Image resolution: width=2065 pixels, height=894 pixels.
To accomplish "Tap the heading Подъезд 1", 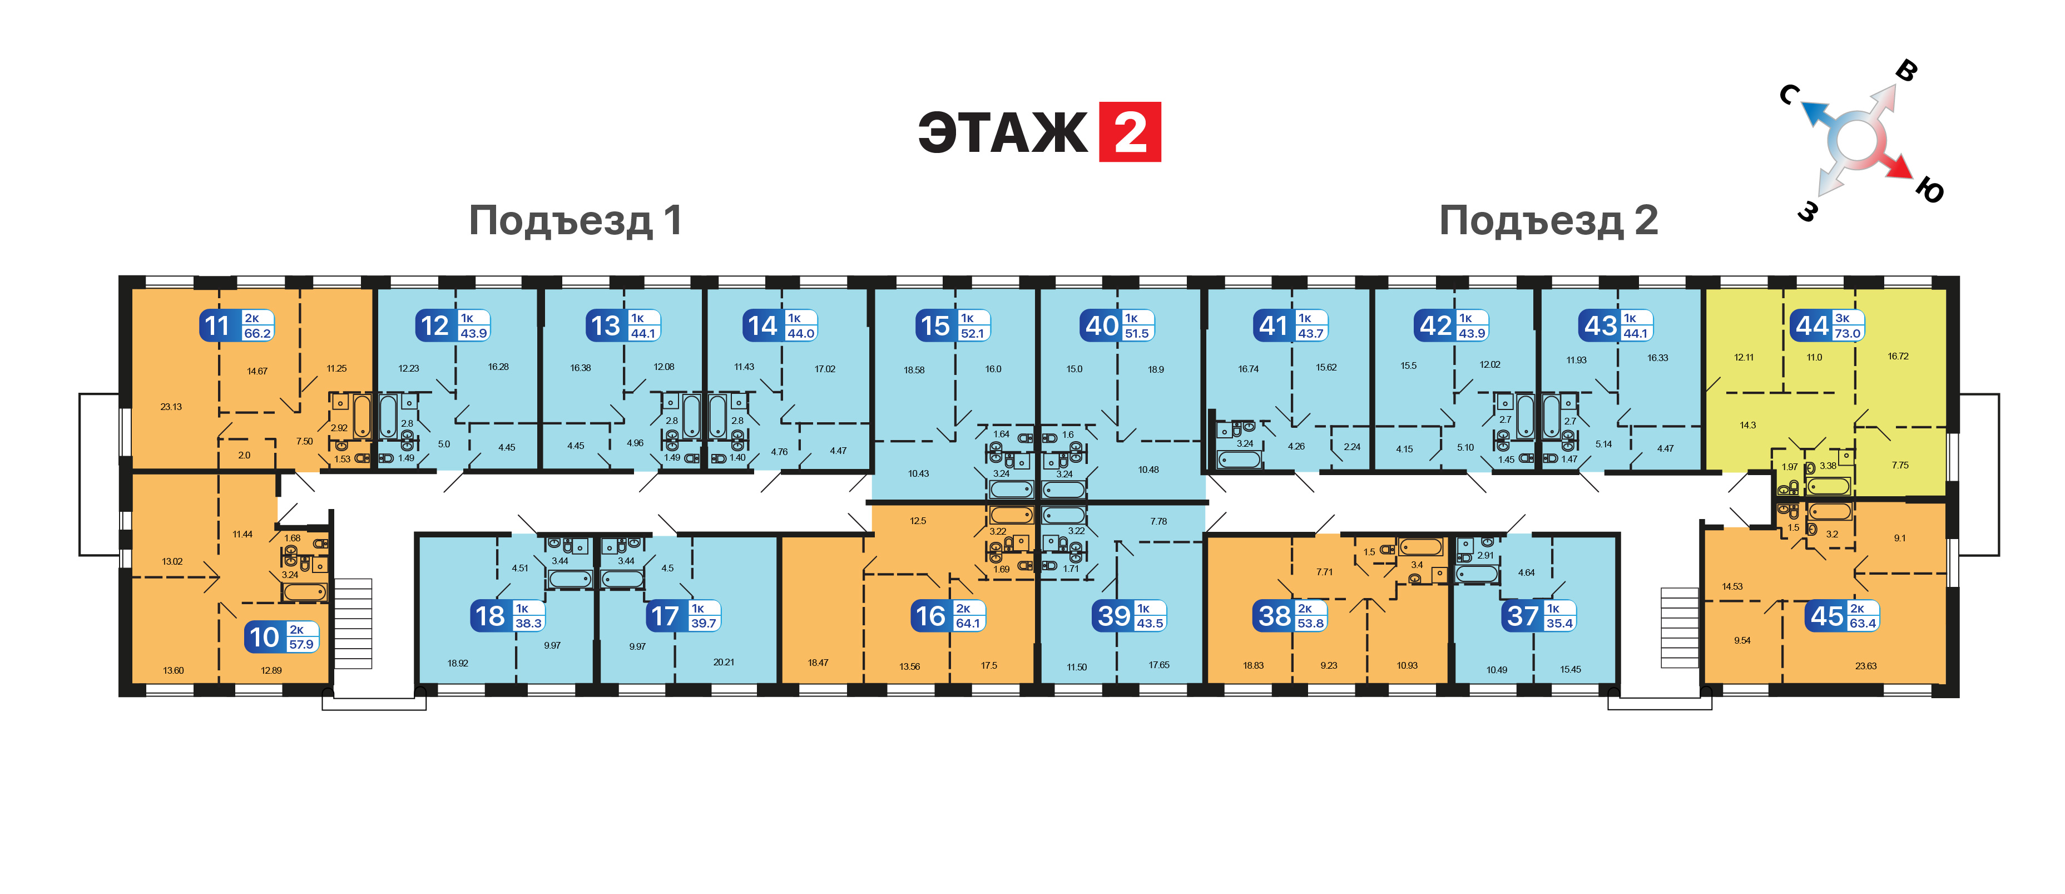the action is click(x=576, y=220).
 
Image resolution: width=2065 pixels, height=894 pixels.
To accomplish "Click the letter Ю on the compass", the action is click(x=1930, y=191).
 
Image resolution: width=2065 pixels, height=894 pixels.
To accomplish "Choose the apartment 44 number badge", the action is click(x=1812, y=325).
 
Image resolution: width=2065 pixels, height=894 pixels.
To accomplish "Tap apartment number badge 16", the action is click(x=930, y=616).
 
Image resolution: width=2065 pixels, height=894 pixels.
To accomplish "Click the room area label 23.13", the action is click(x=171, y=407).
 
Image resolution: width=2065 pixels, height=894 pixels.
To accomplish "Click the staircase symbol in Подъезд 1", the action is click(x=353, y=624).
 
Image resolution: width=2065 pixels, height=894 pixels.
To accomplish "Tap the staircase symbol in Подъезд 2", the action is click(x=1680, y=628).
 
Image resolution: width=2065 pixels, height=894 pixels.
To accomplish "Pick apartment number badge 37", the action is click(x=1522, y=616).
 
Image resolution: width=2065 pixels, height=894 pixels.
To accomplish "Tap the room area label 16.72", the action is click(x=1898, y=357).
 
